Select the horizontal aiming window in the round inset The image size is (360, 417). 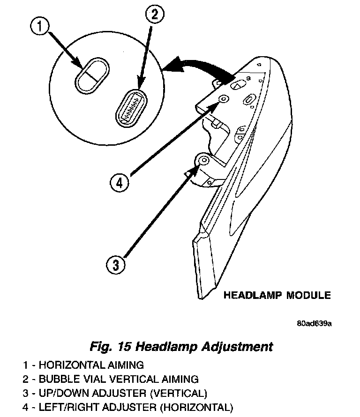point(92,75)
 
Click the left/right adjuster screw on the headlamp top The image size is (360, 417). point(223,98)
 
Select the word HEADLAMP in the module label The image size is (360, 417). point(253,295)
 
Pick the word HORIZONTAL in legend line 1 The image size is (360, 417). point(75,365)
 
